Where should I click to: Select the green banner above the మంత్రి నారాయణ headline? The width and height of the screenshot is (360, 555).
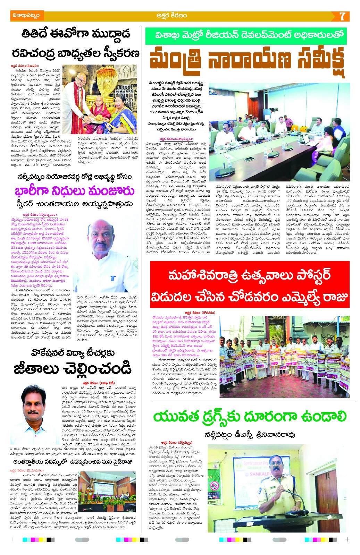(246, 36)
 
